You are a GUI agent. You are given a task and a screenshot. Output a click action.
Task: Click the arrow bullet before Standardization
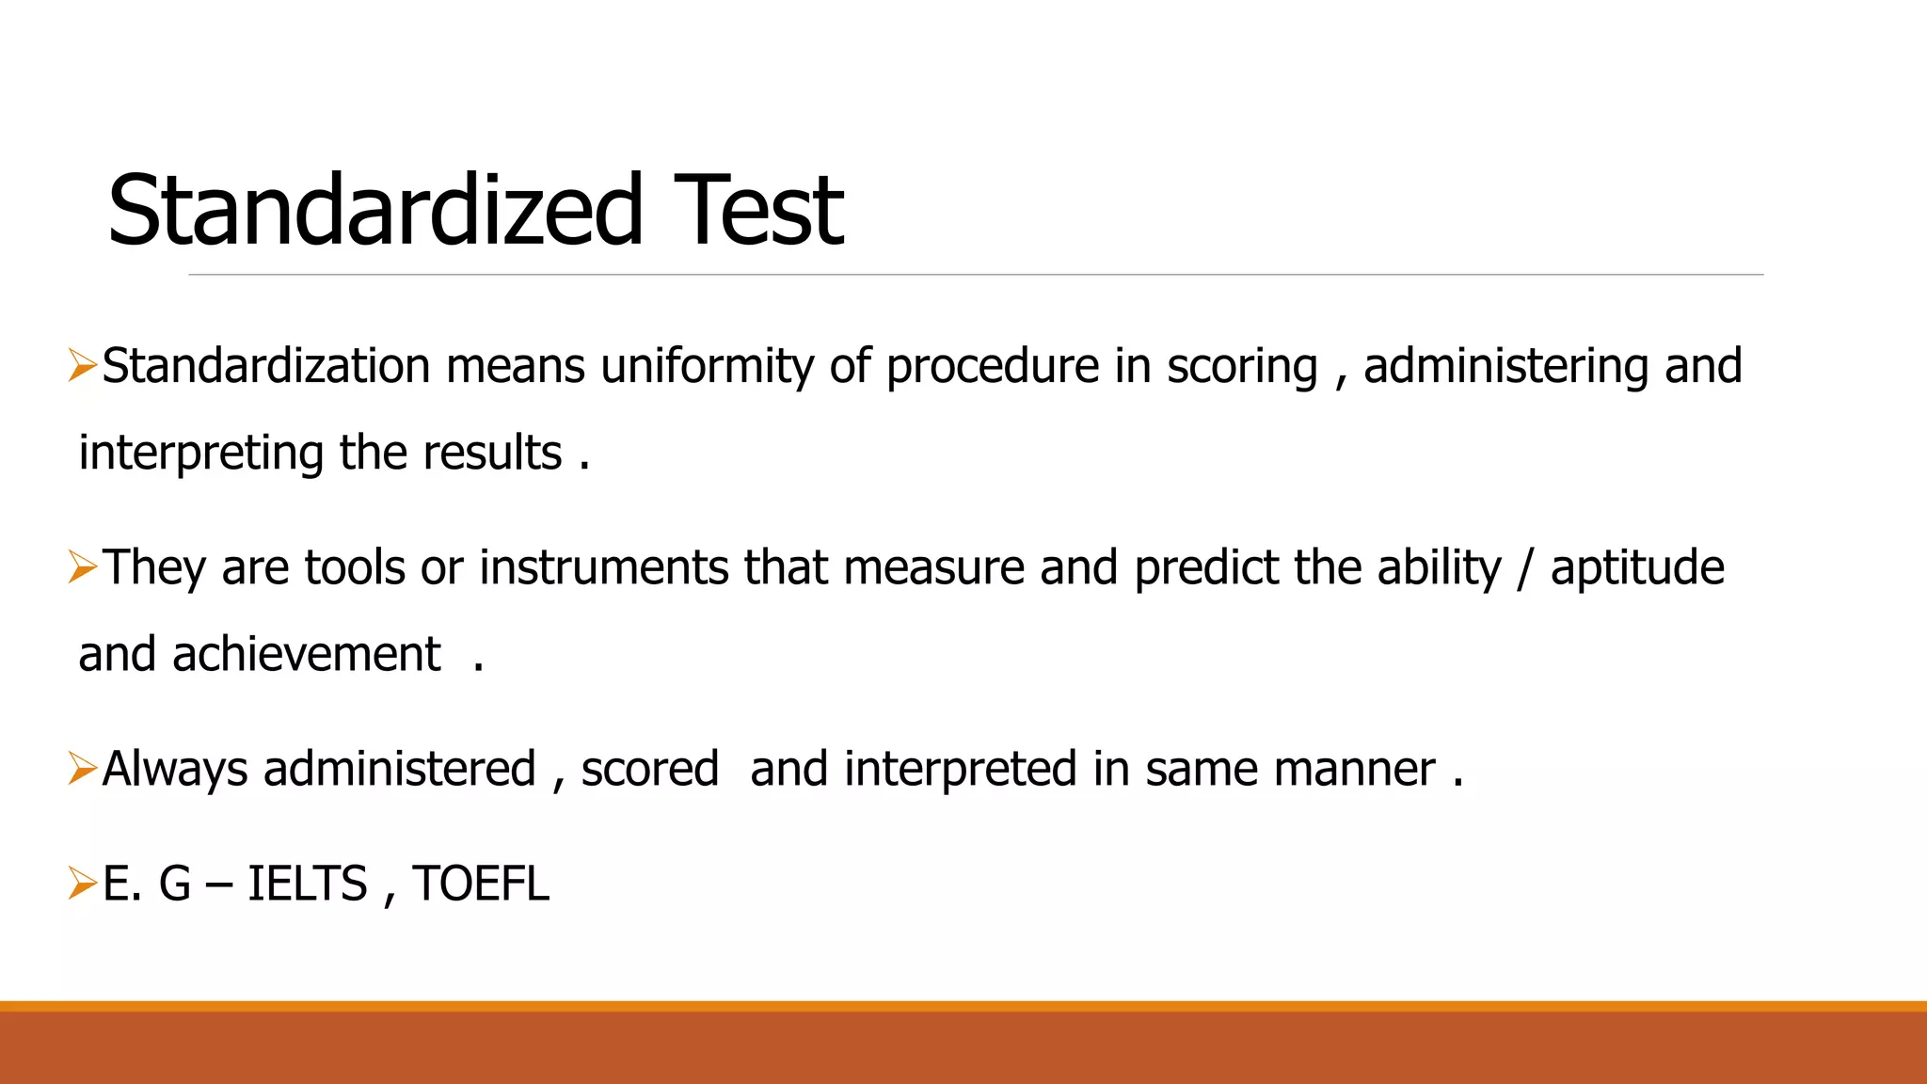click(83, 365)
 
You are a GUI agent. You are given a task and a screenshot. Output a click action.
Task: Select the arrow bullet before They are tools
click(83, 566)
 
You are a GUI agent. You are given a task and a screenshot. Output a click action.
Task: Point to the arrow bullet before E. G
click(83, 883)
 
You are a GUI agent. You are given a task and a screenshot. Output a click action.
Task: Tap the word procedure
click(992, 367)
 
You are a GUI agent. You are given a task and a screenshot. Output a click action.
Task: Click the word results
click(492, 454)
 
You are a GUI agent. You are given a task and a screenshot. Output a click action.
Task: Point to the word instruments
click(603, 568)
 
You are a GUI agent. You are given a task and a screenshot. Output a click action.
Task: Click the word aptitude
click(1637, 568)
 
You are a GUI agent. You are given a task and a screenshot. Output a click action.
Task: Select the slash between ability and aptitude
click(1525, 568)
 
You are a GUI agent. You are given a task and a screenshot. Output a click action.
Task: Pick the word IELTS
click(307, 885)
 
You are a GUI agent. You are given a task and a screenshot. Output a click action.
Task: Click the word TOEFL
click(480, 885)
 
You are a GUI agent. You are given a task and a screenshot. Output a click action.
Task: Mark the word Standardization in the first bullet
click(266, 367)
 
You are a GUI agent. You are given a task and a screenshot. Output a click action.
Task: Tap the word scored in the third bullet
click(649, 770)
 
